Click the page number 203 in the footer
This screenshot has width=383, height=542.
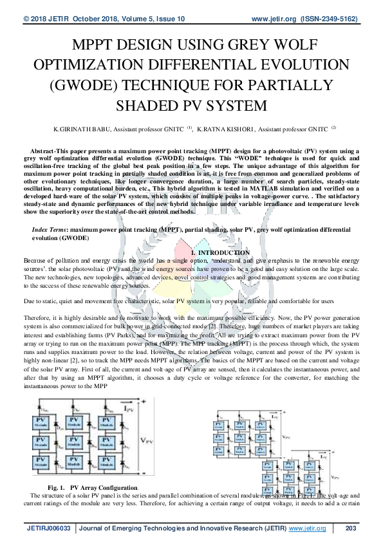coord(351,528)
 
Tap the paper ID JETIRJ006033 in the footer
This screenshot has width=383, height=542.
coord(48,528)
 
